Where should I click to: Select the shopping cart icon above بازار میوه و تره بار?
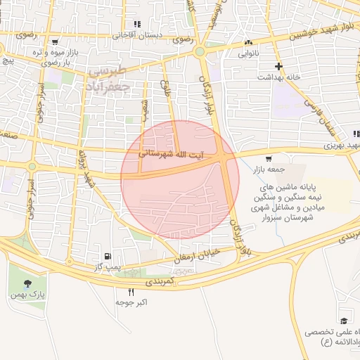pyautogui.click(x=54, y=42)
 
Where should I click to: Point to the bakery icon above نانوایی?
pyautogui.click(x=247, y=43)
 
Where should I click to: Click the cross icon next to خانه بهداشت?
pyautogui.click(x=279, y=67)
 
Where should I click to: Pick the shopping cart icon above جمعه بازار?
pyautogui.click(x=269, y=158)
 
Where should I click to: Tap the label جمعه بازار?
pyautogui.click(x=268, y=168)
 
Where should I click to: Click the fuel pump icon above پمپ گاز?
pyautogui.click(x=107, y=256)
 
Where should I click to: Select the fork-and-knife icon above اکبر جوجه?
pyautogui.click(x=131, y=292)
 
